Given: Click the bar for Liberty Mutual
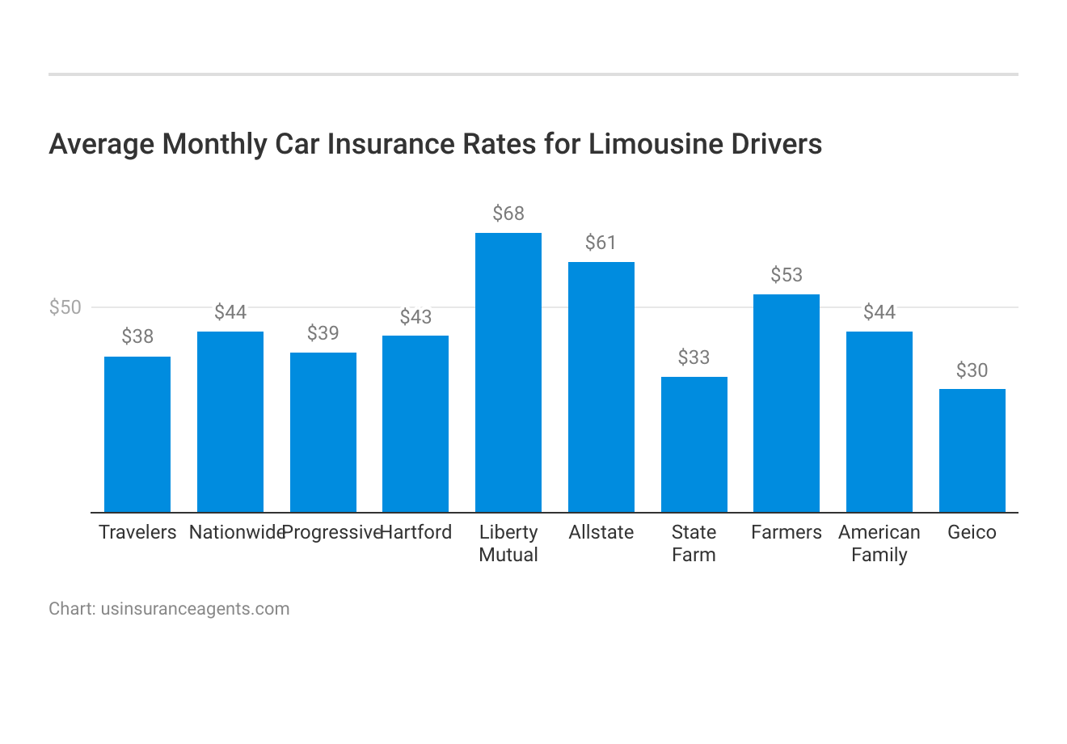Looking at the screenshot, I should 508,372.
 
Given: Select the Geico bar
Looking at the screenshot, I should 972,450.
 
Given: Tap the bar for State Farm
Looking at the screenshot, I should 694,444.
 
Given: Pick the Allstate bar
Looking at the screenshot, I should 601,387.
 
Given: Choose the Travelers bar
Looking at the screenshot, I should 137,434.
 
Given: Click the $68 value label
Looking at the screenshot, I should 508,213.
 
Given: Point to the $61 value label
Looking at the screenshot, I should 601,243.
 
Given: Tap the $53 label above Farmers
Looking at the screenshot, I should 787,275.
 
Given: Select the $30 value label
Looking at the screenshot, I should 972,370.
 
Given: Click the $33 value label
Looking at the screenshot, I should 694,357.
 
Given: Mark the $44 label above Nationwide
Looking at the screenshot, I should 230,312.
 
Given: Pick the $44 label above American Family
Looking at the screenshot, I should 879,312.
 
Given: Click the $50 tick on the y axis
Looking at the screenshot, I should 65,307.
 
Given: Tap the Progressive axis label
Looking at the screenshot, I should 331,532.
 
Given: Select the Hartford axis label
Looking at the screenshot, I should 416,532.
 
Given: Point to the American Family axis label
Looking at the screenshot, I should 879,543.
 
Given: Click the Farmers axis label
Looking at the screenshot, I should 787,532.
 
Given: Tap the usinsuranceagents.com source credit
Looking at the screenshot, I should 195,608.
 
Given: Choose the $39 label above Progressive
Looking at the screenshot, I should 323,333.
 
